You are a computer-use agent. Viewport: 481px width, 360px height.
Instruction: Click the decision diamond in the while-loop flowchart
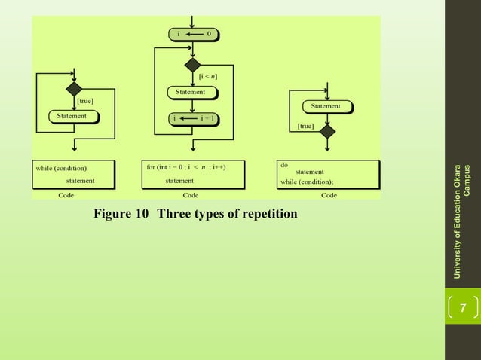(74, 90)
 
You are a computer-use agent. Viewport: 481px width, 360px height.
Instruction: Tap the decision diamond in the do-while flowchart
(326, 131)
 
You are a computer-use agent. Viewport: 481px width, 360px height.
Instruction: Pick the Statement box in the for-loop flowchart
(191, 93)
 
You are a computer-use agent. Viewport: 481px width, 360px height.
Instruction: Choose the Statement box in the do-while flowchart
(326, 107)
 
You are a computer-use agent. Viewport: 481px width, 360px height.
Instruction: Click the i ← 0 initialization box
(192, 33)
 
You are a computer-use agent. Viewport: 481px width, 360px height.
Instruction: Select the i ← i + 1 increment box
(192, 118)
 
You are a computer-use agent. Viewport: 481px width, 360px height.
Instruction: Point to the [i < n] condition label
(208, 76)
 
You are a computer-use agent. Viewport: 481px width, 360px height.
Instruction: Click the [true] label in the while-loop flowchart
(84, 100)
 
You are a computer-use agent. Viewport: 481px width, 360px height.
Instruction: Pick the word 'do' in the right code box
(284, 164)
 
